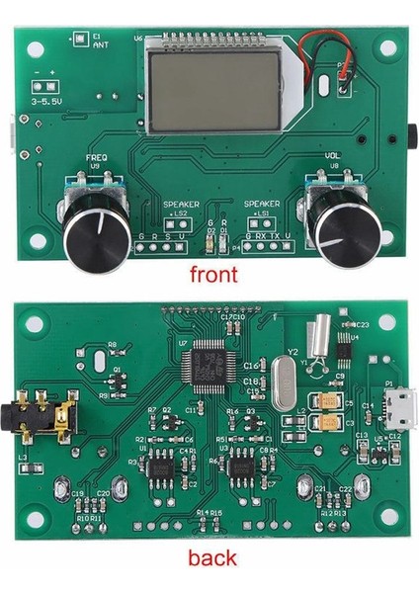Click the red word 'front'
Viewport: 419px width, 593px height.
point(212,274)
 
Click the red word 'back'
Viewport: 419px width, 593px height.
point(211,558)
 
